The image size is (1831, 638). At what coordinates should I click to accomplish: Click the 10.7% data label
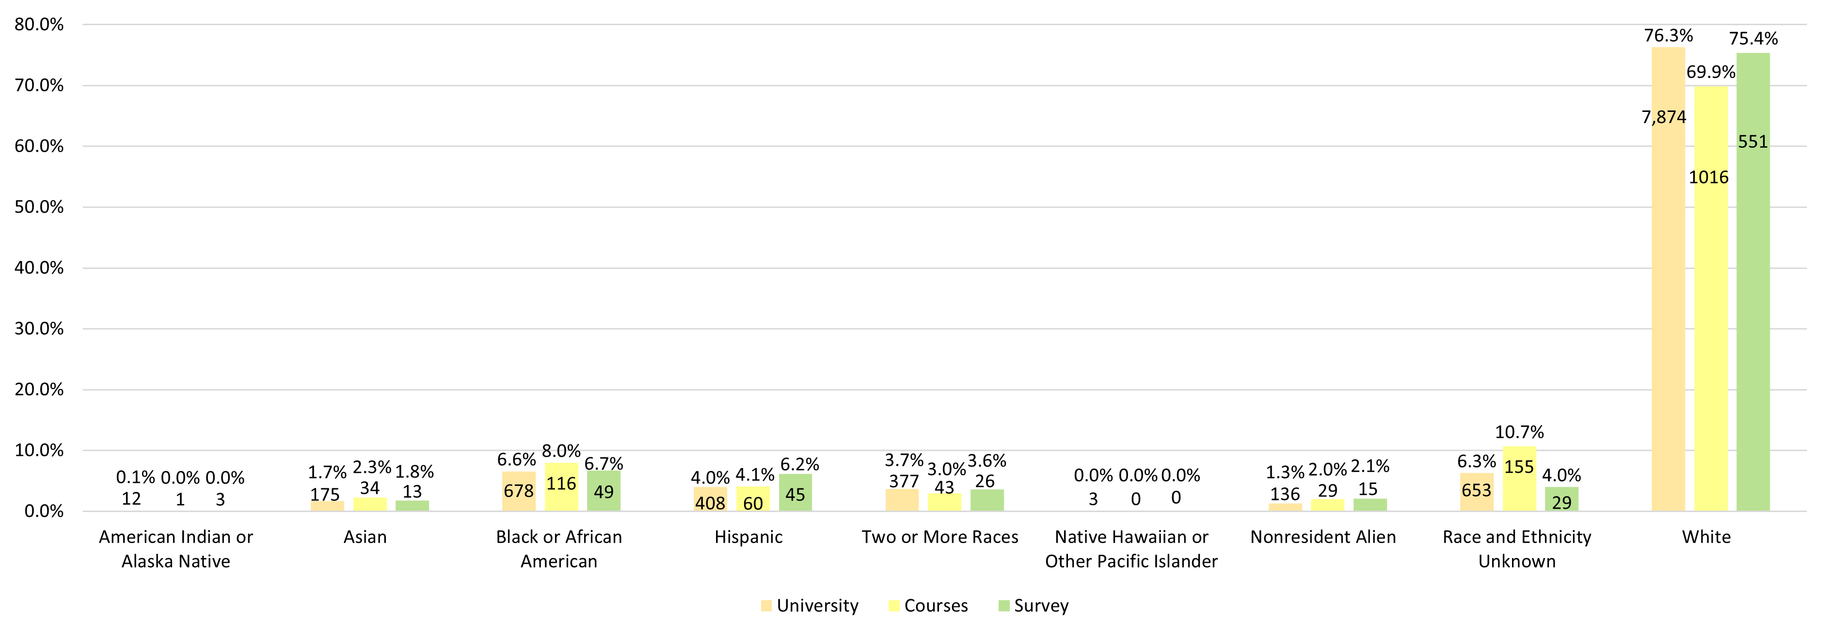[1519, 432]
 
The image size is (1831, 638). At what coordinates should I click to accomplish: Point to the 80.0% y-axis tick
[39, 25]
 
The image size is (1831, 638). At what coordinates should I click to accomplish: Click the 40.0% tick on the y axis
[39, 268]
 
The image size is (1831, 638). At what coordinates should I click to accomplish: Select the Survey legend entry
[1034, 606]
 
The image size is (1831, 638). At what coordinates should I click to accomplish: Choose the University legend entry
[810, 606]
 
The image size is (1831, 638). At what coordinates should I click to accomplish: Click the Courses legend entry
[928, 606]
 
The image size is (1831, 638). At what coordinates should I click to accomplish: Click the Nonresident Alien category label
[1323, 537]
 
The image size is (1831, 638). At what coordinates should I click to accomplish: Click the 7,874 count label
[1663, 117]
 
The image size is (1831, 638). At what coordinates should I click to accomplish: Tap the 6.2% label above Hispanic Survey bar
[800, 465]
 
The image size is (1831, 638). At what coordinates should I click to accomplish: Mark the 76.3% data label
[1668, 35]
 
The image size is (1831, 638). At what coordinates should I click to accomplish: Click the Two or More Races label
[939, 537]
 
